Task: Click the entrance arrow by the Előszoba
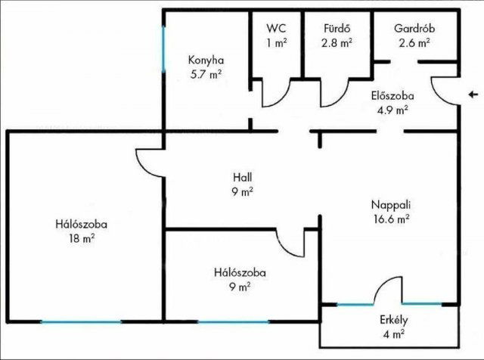pos(473,95)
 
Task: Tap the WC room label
pos(276,29)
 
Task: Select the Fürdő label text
pos(337,28)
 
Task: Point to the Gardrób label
pos(414,29)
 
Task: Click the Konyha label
pos(206,61)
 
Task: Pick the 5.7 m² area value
pos(206,74)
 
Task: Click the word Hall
pos(242,178)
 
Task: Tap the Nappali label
pos(391,205)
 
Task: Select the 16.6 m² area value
pos(392,219)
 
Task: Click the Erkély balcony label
pos(393,321)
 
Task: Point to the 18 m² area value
pos(82,238)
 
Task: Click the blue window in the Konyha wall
pos(163,49)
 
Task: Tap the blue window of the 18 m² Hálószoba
pos(81,321)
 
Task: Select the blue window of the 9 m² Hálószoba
pos(234,321)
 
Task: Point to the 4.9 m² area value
pos(392,110)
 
